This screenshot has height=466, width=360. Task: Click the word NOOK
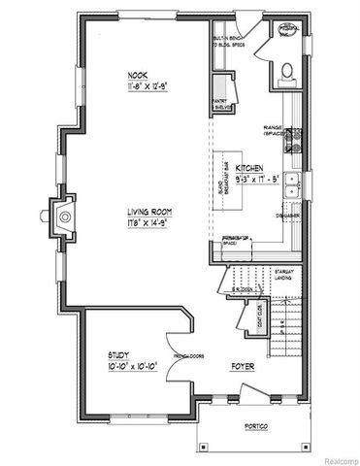pyautogui.click(x=136, y=75)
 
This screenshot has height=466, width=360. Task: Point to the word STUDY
pyautogui.click(x=119, y=355)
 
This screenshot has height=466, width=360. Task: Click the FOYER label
pyautogui.click(x=243, y=367)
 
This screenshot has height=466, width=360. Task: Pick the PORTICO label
pyautogui.click(x=257, y=428)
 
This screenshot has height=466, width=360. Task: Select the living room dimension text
pyautogui.click(x=148, y=223)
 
